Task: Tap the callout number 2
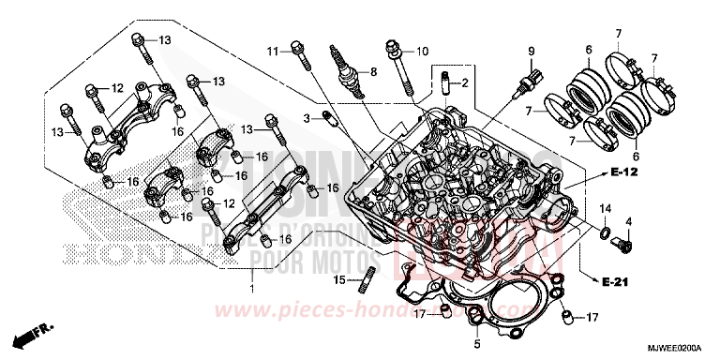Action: tap(463, 83)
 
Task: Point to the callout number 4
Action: tap(628, 221)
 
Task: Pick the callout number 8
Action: tap(372, 71)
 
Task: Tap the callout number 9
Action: tap(530, 50)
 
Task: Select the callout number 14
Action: tap(605, 207)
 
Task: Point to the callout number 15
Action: tap(339, 280)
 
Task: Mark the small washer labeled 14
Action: tap(606, 231)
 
